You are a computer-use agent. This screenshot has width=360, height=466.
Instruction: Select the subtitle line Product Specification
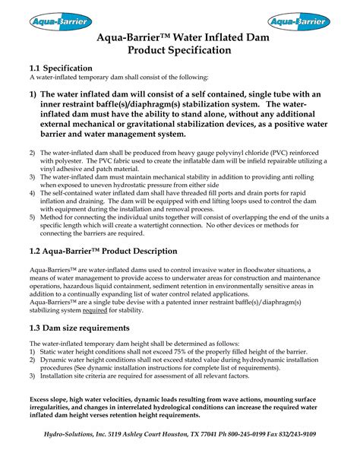click(179, 50)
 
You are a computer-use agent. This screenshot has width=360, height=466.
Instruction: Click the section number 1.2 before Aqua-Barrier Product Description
click(37, 252)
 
